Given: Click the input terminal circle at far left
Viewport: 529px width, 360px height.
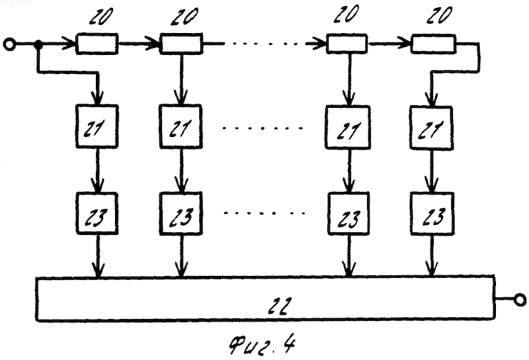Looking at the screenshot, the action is click(x=9, y=44).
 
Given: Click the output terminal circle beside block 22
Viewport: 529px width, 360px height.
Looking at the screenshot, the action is click(x=520, y=300).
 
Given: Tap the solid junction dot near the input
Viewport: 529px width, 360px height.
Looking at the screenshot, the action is click(x=39, y=44).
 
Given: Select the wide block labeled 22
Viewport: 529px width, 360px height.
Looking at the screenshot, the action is click(x=266, y=298).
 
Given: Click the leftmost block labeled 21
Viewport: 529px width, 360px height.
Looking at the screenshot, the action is click(x=97, y=126).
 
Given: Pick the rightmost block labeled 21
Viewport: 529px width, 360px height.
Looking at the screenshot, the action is click(x=432, y=128).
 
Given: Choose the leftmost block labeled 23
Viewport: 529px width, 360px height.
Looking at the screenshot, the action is click(x=97, y=214).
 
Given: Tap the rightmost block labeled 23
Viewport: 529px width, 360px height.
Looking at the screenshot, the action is click(x=432, y=214).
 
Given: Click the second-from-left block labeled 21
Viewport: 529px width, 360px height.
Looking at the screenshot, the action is click(x=181, y=126).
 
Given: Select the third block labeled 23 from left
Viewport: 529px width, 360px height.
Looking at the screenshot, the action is click(x=348, y=214).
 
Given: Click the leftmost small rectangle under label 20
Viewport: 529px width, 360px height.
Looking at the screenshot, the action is click(x=97, y=44).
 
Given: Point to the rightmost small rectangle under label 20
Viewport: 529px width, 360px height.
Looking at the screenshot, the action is click(x=433, y=44).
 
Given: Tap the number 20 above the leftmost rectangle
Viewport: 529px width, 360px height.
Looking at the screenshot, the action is click(x=101, y=16).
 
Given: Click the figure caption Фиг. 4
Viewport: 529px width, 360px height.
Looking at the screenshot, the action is click(x=262, y=345).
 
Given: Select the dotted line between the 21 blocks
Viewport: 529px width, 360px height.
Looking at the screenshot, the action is click(x=263, y=128).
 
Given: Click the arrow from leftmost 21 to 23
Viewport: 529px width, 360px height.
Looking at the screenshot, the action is click(x=97, y=171).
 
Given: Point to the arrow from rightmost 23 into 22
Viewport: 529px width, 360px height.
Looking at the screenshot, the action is click(x=432, y=255).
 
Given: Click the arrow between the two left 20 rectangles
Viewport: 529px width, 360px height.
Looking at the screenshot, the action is click(x=139, y=44).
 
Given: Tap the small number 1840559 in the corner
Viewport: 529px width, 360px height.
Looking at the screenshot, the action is click(x=16, y=3).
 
